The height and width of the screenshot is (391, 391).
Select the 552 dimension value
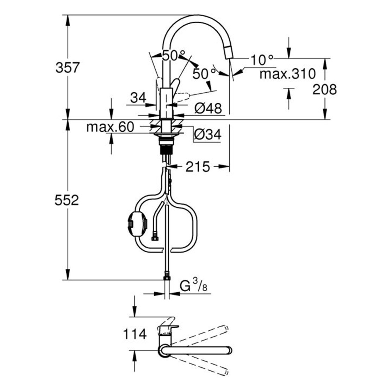(67, 200)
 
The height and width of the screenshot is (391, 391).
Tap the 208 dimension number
(324, 89)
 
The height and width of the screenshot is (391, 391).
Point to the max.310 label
(287, 74)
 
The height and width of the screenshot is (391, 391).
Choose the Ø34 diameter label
(207, 134)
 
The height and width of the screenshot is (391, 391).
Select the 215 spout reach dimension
(198, 166)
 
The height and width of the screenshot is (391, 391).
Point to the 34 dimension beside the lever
(138, 98)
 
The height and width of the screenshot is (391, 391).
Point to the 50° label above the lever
(173, 55)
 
